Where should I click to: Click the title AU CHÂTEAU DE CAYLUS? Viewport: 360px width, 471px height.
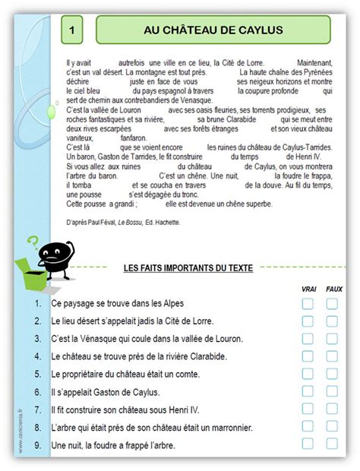click(213, 30)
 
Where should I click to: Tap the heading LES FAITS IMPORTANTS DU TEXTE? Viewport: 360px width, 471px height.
click(188, 268)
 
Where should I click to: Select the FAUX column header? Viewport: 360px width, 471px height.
click(333, 289)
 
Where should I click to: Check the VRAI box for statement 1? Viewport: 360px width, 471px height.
click(308, 303)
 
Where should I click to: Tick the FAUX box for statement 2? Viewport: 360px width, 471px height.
click(333, 321)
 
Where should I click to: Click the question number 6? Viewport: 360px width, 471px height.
click(37, 392)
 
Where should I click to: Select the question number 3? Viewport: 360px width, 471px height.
click(37, 339)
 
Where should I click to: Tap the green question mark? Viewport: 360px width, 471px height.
click(32, 244)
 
